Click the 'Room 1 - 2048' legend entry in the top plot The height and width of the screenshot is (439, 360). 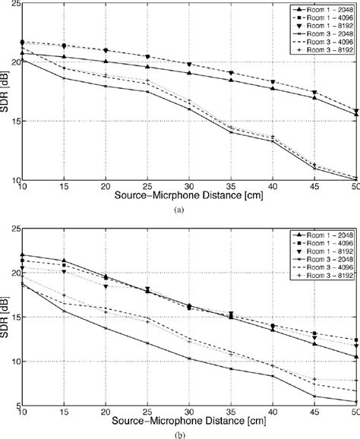point(327,10)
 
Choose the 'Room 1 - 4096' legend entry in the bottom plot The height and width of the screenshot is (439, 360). point(327,241)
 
